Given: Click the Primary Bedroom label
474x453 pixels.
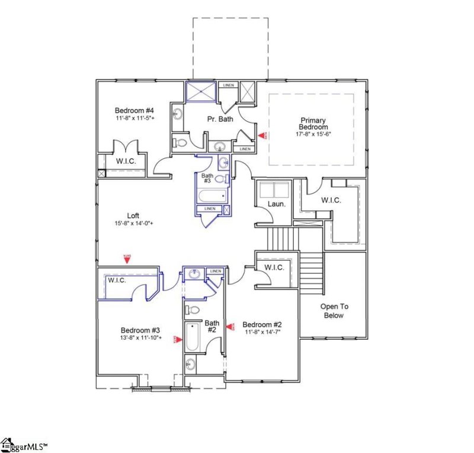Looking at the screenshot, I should tap(313, 123).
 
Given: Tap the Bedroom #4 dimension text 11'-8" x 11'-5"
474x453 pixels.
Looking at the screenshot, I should tap(135, 118).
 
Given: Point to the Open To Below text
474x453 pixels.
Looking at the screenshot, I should tap(333, 311).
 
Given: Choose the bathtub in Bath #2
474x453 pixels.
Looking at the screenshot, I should tap(192, 337).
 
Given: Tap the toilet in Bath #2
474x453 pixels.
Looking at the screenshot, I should tap(191, 309).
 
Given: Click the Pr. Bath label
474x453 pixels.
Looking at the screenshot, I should tap(220, 119).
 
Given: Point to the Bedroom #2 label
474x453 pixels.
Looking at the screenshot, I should tap(261, 324).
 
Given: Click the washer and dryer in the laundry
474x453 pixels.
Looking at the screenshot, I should tap(274, 189).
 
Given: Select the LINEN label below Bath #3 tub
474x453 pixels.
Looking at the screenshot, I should tap(210, 209).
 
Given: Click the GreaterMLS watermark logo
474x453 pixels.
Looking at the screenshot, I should tap(24, 445).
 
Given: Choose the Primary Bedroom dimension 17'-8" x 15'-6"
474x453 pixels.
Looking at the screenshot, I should tap(313, 134).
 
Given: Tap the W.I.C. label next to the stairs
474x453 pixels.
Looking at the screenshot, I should tap(274, 268).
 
